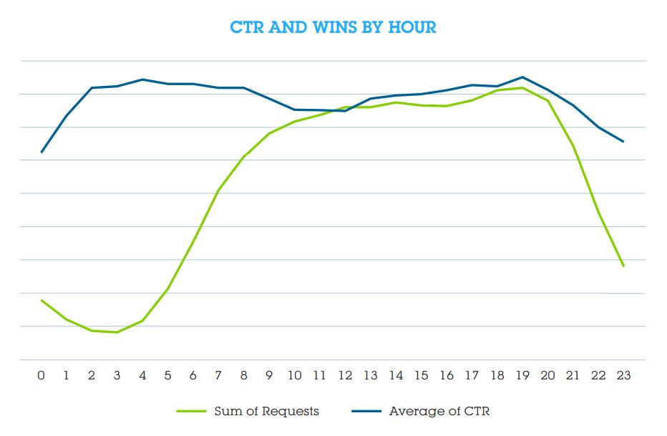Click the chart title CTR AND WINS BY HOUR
tap(333, 28)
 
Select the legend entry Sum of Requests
tap(266, 411)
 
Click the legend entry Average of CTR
tap(439, 411)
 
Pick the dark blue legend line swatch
tap(366, 411)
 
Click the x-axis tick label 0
tap(42, 376)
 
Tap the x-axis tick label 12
tap(345, 376)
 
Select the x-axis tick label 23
tap(623, 376)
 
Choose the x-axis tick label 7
tap(218, 376)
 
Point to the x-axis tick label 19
tap(522, 376)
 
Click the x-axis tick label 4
tap(142, 376)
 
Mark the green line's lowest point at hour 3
tap(117, 332)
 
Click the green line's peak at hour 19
tap(522, 87)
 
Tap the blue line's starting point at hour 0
tap(42, 152)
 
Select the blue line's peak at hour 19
tap(522, 77)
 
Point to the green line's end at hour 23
tap(623, 266)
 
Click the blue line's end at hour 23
tap(623, 142)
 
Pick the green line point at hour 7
tap(218, 190)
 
